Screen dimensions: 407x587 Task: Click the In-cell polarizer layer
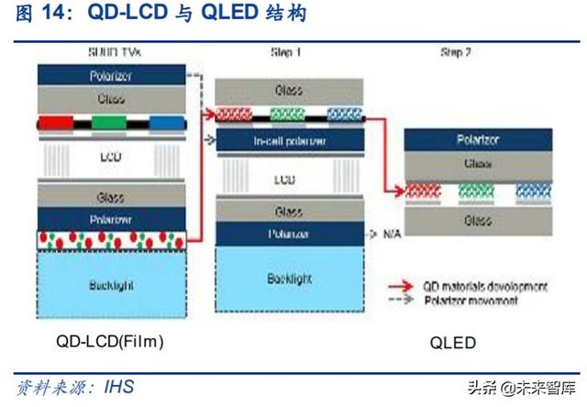[x=288, y=140]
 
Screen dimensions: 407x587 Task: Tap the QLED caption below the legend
[x=452, y=343]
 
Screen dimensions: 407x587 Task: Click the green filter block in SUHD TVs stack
[x=109, y=123]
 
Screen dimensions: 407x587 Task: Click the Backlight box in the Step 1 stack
[x=288, y=277]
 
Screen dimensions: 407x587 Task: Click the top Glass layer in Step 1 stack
[x=288, y=91]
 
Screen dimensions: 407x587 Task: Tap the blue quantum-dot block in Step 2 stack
[x=530, y=191]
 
